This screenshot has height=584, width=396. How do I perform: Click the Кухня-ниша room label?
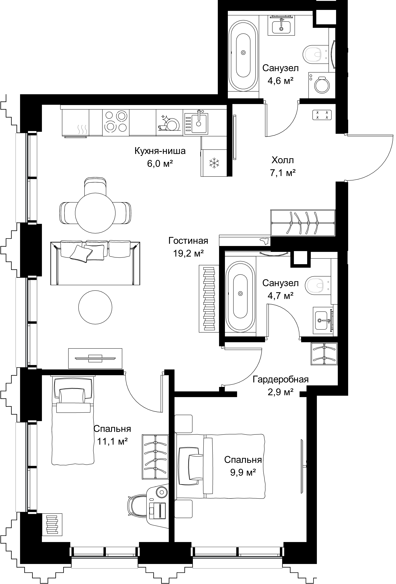pyautogui.click(x=160, y=151)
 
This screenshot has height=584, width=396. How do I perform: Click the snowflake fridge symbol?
pyautogui.click(x=214, y=163)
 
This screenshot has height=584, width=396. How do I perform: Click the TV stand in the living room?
pyautogui.click(x=95, y=358)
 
